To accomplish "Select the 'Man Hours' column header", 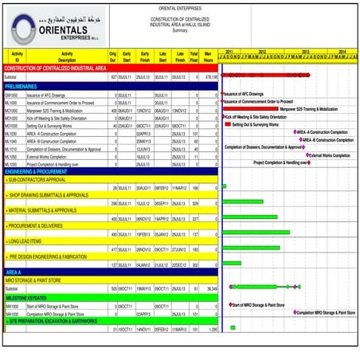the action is pos(208,56).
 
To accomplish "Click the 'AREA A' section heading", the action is pos(16,272).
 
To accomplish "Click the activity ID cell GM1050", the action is pos(12,93).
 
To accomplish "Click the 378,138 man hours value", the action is pos(210,76).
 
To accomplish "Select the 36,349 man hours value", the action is pos(211,288).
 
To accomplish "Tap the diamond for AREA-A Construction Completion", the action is pos(295,132).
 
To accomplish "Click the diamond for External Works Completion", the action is pos(306,155).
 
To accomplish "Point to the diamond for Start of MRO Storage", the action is pos(229,304).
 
